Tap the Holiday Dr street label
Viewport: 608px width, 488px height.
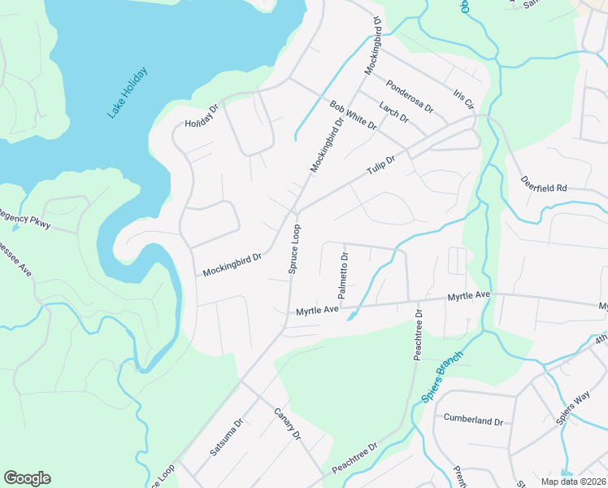(202, 116)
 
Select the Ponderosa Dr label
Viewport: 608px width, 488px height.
(410, 95)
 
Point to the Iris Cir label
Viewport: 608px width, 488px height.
(464, 100)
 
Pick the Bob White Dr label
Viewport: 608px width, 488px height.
(354, 115)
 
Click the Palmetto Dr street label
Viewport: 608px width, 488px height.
(344, 276)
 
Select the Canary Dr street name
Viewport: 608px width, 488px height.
(287, 425)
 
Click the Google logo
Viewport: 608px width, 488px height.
(27, 478)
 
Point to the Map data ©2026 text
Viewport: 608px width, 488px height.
(573, 481)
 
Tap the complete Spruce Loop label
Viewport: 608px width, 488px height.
(296, 249)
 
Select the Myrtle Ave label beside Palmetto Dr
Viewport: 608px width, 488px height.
(316, 311)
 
